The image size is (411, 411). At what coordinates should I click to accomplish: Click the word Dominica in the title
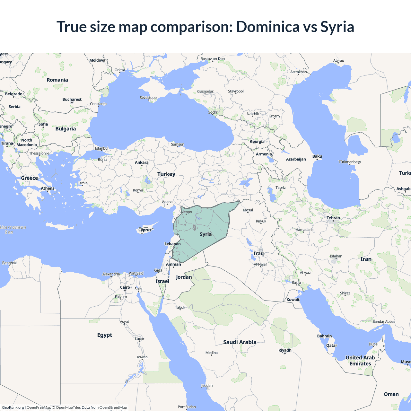coord(267,27)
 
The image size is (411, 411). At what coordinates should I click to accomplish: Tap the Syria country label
coord(205,234)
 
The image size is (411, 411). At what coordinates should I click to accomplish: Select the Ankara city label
coord(142,162)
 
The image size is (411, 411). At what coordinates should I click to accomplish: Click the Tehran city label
coord(333,218)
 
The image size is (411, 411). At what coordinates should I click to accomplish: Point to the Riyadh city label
coord(285,350)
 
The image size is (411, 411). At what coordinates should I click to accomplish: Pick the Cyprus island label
coord(145,230)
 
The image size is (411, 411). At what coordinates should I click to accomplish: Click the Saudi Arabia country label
coord(240,342)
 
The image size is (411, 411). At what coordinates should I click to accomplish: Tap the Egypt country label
coord(105,335)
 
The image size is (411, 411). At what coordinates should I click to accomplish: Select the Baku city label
coord(317,156)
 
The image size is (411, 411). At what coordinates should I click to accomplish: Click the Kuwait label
coord(293,300)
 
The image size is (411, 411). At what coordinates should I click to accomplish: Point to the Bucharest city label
coord(72,100)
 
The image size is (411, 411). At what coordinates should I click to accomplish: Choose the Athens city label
coord(48,188)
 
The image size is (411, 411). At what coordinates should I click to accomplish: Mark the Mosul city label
coord(248,210)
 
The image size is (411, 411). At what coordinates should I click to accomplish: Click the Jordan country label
coord(184,277)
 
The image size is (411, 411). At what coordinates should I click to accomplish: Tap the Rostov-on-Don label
coord(213,59)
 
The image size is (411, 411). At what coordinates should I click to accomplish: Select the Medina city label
coord(211,353)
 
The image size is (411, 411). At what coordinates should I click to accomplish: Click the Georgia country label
coord(257,142)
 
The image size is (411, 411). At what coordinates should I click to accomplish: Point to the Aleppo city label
coord(186,212)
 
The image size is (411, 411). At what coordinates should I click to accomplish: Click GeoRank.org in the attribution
coord(13,407)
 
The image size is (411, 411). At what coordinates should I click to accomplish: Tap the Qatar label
coord(332,345)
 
